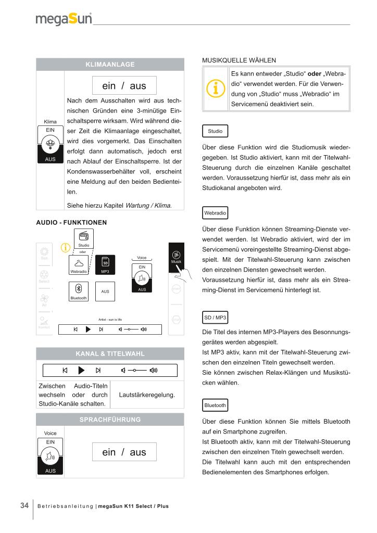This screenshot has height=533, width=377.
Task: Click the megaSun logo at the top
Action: click(64, 19)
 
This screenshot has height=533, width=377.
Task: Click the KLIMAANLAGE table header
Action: click(110, 65)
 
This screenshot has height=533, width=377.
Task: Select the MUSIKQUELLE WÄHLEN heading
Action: click(238, 60)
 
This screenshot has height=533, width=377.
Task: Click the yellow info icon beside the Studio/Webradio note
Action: click(216, 90)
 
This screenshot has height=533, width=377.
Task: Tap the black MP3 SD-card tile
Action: click(105, 264)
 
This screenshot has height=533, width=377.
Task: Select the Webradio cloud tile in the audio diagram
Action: click(79, 264)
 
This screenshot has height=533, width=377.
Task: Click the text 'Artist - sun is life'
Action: click(110, 319)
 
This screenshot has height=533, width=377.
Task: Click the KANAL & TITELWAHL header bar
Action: click(110, 353)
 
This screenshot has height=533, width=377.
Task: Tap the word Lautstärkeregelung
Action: click(147, 395)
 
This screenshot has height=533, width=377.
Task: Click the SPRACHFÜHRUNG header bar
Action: click(110, 419)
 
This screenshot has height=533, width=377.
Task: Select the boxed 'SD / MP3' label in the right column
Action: click(214, 317)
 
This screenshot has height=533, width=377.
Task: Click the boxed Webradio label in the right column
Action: click(215, 213)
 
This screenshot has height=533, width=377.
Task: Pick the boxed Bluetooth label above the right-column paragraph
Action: click(215, 405)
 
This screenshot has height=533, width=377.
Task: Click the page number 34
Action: click(24, 505)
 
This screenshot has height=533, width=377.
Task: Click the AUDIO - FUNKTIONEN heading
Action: click(71, 222)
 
